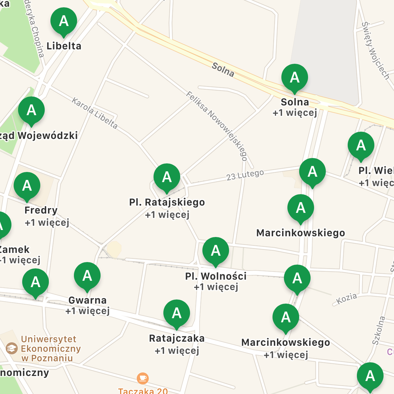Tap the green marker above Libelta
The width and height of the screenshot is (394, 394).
click(x=64, y=21)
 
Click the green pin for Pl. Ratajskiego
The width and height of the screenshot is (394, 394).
click(x=167, y=177)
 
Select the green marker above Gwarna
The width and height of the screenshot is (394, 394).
click(x=87, y=276)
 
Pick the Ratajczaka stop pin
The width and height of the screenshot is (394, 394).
click(x=177, y=313)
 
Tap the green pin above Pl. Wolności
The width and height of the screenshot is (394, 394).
click(x=216, y=251)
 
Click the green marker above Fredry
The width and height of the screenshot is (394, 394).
click(x=27, y=186)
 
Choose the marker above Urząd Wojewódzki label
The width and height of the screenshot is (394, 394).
click(x=31, y=110)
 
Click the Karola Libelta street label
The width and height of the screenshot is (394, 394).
click(x=95, y=113)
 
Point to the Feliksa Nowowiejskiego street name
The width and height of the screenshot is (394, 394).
click(x=217, y=126)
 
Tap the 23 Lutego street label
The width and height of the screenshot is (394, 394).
click(x=245, y=175)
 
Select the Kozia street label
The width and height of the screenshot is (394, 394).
click(x=346, y=298)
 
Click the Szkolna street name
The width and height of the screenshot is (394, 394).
click(x=378, y=330)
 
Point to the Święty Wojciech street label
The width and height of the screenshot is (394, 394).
click(x=376, y=51)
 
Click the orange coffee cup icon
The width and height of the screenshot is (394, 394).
click(x=143, y=378)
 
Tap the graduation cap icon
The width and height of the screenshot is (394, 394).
click(x=12, y=348)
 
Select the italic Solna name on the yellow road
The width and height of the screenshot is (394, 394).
click(x=223, y=69)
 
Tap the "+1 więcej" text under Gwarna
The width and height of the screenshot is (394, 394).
click(x=88, y=311)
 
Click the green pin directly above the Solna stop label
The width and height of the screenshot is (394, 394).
click(x=295, y=77)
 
